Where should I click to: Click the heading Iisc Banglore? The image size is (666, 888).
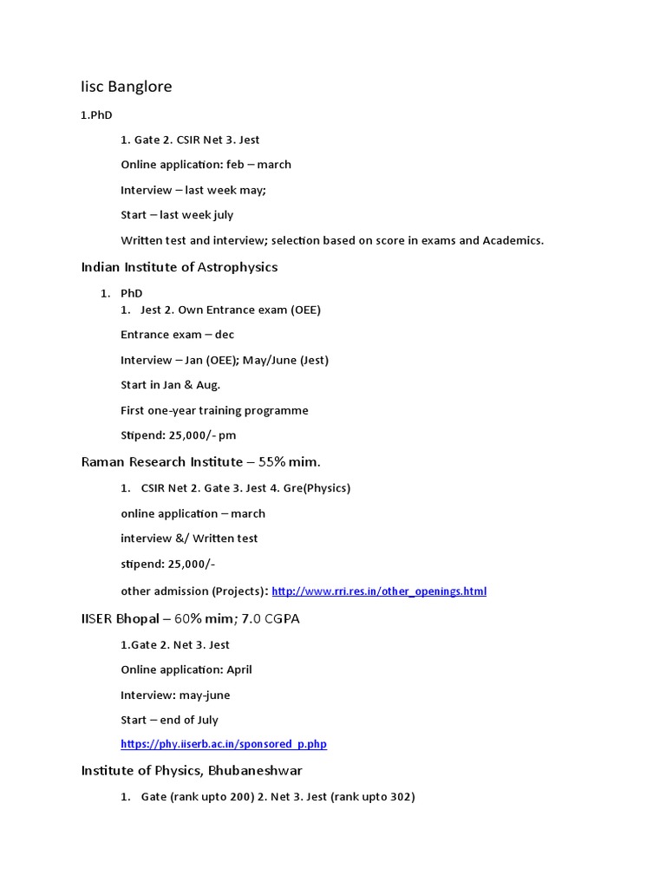pos(127,87)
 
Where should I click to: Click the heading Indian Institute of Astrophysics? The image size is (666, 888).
pos(180,267)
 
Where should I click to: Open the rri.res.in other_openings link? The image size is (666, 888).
pos(379,591)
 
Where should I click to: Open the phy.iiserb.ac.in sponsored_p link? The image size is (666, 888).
pos(224,744)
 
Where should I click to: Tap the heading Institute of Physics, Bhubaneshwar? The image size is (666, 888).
pos(192,771)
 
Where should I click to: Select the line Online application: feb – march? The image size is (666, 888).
pos(206,165)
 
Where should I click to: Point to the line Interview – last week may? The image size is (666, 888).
pos(193,190)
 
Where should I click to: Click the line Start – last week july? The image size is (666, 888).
pos(177,215)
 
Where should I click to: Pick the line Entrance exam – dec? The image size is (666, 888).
pos(178,335)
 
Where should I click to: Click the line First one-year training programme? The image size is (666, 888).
pos(214,410)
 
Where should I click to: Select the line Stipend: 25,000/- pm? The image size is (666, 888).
pos(179,435)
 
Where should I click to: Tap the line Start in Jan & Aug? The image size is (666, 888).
pos(171,385)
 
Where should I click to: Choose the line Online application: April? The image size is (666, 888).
pos(186,669)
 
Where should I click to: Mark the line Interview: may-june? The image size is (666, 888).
pos(175,695)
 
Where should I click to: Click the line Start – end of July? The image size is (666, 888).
pos(170,720)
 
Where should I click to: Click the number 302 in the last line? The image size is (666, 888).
pos(401,797)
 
